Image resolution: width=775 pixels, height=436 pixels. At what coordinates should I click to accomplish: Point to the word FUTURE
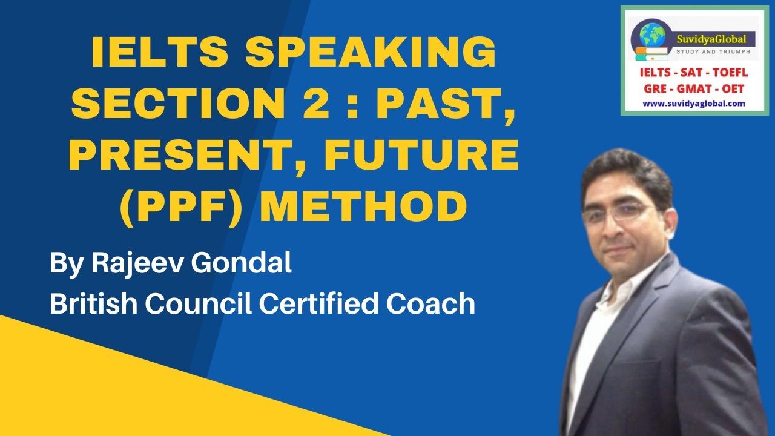[x=422, y=155]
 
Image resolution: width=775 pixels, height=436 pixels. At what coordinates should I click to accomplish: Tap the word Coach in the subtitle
[x=432, y=303]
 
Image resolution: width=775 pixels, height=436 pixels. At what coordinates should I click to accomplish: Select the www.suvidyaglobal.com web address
[x=693, y=104]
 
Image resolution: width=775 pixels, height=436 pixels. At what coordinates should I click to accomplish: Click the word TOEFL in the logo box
[x=730, y=73]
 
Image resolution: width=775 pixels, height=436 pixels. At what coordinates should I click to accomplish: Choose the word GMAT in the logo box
[x=694, y=88]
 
